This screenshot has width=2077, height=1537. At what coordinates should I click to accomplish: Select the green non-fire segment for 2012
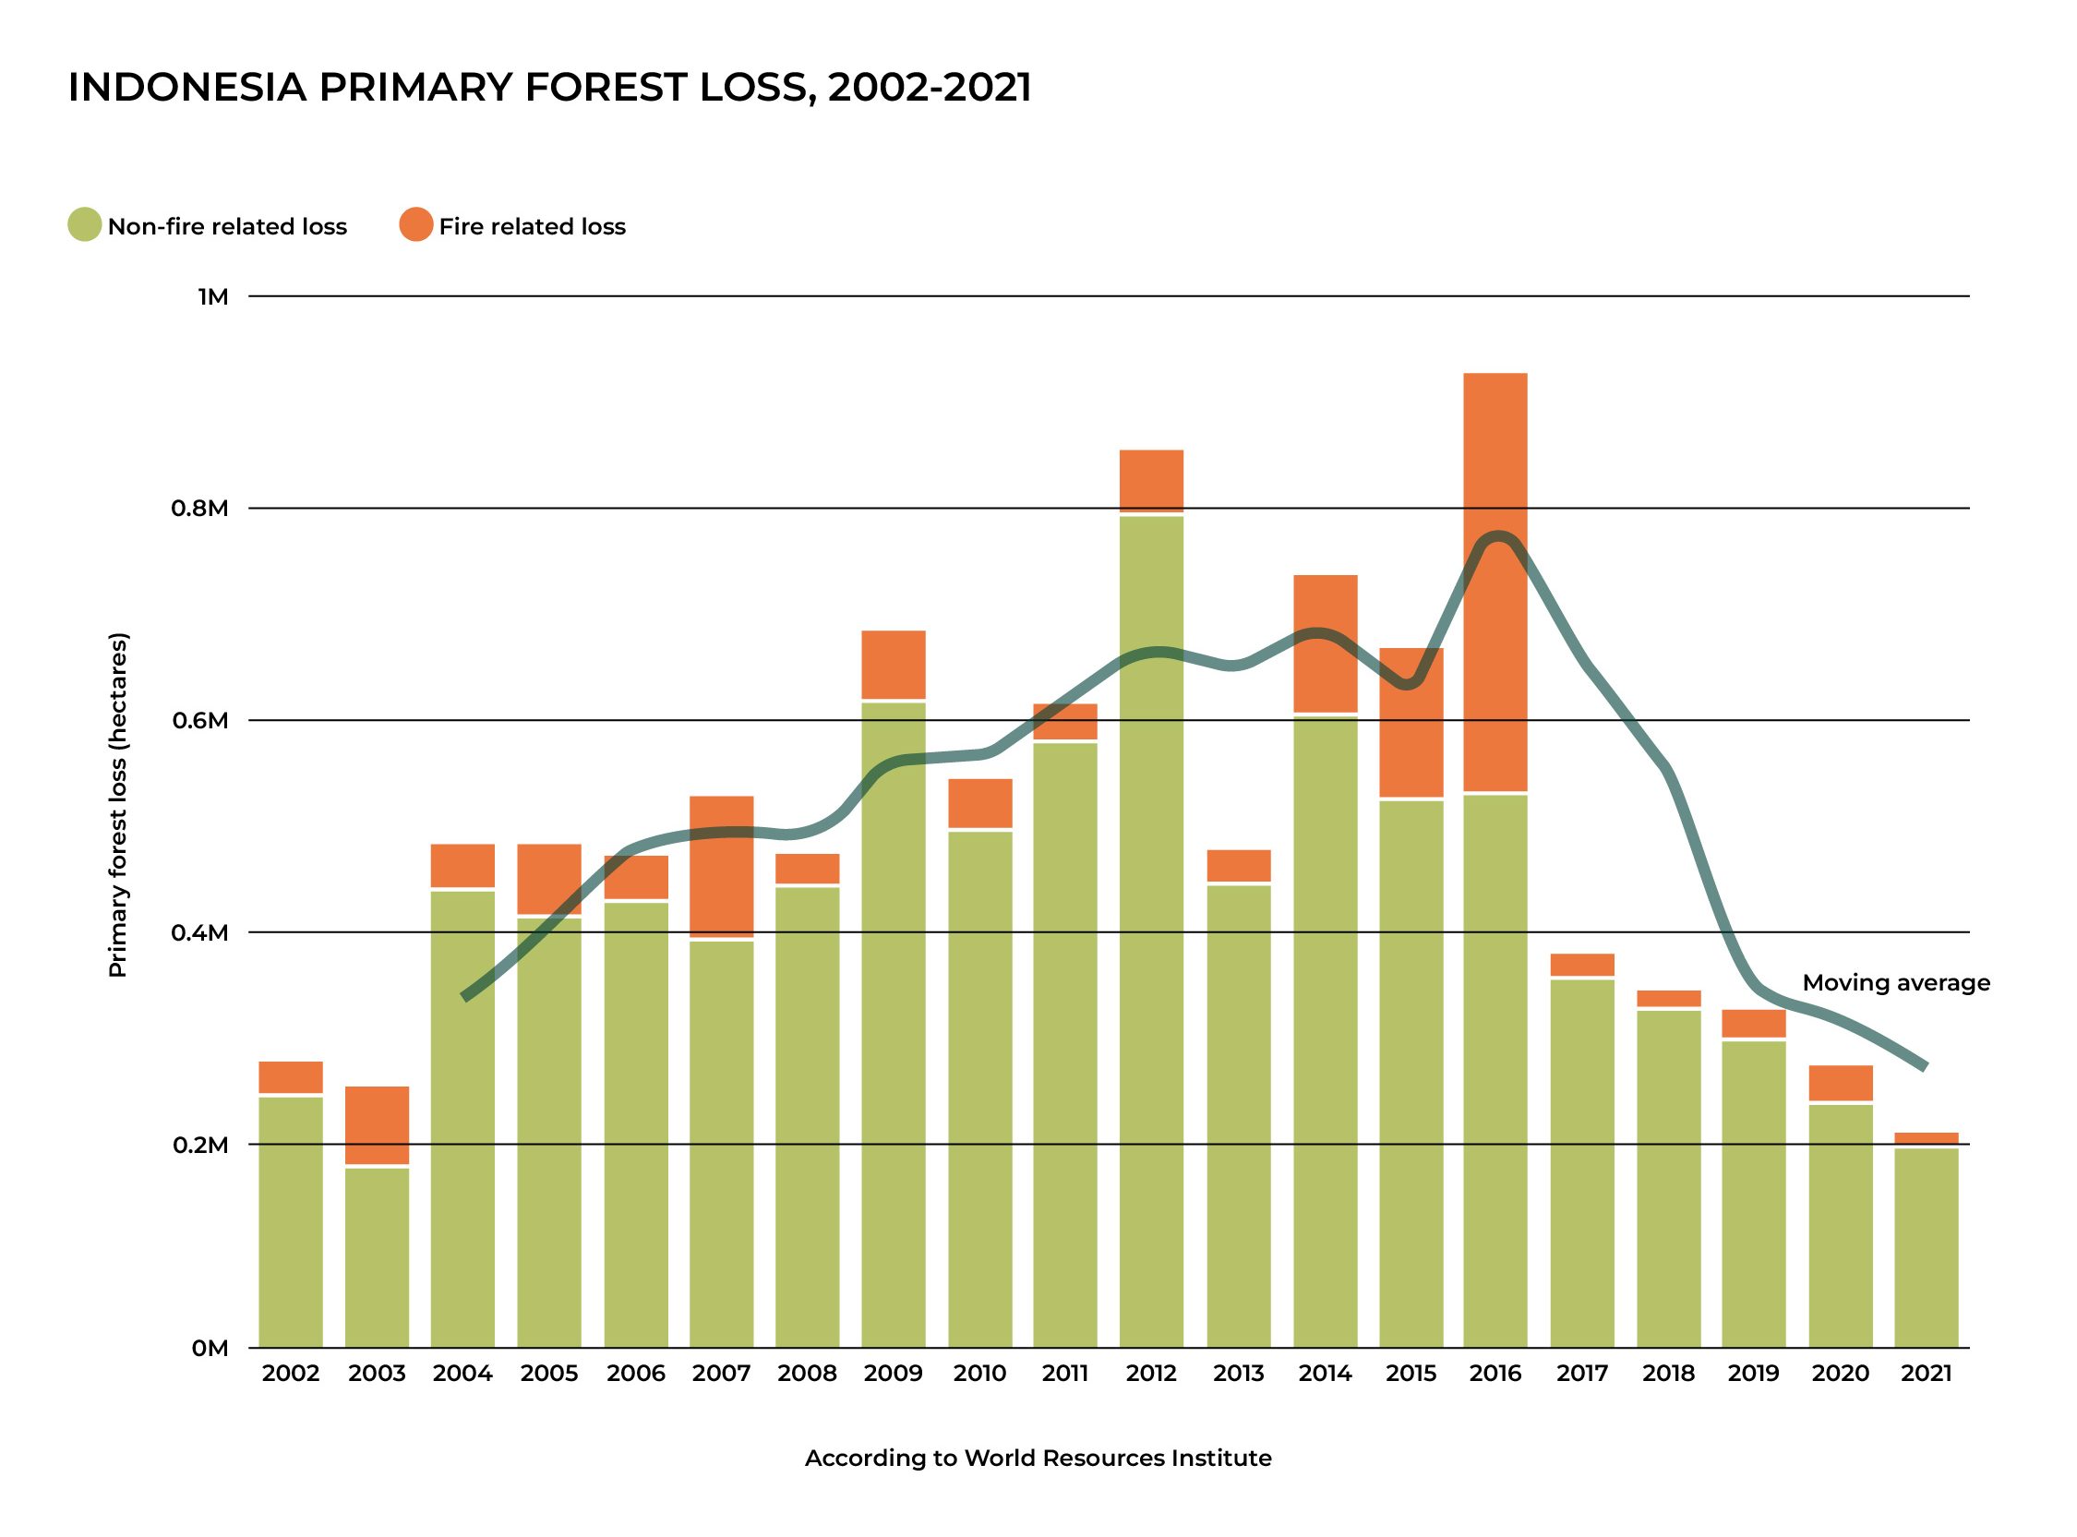point(1151,931)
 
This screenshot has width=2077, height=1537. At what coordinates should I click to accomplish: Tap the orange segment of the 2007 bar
point(722,866)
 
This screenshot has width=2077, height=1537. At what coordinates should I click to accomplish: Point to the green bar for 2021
point(1927,1248)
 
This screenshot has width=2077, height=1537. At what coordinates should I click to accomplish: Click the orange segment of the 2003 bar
point(377,1125)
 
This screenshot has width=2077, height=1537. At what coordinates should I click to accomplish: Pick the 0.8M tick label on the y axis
point(199,508)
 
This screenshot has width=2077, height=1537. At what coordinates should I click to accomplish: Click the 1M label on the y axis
point(212,297)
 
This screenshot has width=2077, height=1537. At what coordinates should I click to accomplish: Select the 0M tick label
point(210,1348)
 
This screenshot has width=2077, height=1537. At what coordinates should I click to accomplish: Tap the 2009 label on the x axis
point(893,1374)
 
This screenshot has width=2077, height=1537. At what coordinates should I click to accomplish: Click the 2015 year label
point(1411,1374)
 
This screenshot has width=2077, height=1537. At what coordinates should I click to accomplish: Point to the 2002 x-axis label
point(290,1374)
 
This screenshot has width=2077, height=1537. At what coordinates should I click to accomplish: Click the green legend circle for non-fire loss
point(85,225)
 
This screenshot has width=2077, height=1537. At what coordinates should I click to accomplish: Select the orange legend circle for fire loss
point(415,225)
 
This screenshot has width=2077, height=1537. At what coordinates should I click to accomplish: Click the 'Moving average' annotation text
point(1896,983)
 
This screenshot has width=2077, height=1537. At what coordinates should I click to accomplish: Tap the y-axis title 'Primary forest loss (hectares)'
point(118,805)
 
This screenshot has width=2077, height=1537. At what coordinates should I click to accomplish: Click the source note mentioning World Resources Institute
point(1037,1458)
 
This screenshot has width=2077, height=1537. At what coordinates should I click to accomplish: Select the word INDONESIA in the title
point(187,88)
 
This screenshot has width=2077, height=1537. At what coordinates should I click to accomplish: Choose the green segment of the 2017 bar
point(1582,1163)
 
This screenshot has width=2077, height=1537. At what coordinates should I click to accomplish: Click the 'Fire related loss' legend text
point(532,227)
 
